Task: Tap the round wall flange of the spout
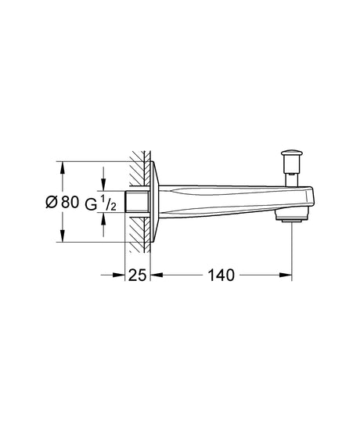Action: (x=157, y=201)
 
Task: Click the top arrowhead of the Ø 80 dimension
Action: (x=62, y=166)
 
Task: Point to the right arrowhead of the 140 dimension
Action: (x=288, y=275)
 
